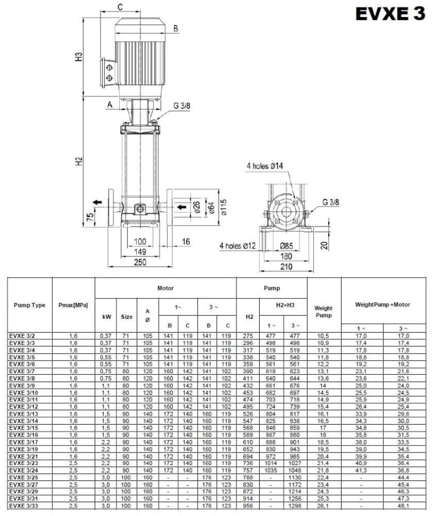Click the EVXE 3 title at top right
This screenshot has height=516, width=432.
(x=390, y=14)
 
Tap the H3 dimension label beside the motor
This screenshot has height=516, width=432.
(x=79, y=57)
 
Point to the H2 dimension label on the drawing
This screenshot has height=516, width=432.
(x=79, y=162)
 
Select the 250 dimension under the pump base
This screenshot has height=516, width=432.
(x=140, y=262)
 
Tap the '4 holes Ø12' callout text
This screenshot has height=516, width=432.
(x=238, y=246)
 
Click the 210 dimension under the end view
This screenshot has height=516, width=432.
(x=286, y=266)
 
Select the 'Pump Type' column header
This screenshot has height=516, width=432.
(x=30, y=305)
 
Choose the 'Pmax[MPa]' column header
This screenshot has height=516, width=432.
(x=73, y=305)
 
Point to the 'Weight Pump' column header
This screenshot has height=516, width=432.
(x=324, y=312)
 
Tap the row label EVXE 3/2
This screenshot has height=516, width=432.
(x=22, y=336)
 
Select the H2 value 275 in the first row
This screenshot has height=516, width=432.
(x=249, y=336)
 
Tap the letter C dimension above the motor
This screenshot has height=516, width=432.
(x=120, y=7)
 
